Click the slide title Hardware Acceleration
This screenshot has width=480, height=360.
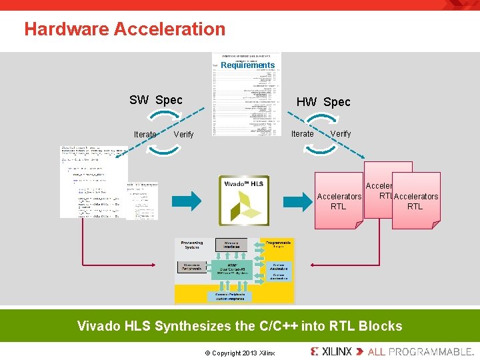(125, 29)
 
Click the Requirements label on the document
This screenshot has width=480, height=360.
(247, 65)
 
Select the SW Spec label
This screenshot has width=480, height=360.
(155, 100)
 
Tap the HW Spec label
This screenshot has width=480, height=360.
(323, 102)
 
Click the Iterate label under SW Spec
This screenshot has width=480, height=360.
(145, 135)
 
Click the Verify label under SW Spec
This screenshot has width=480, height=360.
(183, 135)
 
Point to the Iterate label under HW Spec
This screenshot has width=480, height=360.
(303, 134)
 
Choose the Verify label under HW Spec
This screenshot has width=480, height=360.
(341, 133)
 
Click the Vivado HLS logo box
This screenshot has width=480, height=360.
(244, 200)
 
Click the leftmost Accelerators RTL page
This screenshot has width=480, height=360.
(339, 201)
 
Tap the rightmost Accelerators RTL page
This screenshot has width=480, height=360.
(416, 201)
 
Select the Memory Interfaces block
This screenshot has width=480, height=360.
(231, 245)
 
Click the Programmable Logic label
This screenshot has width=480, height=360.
(278, 244)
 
